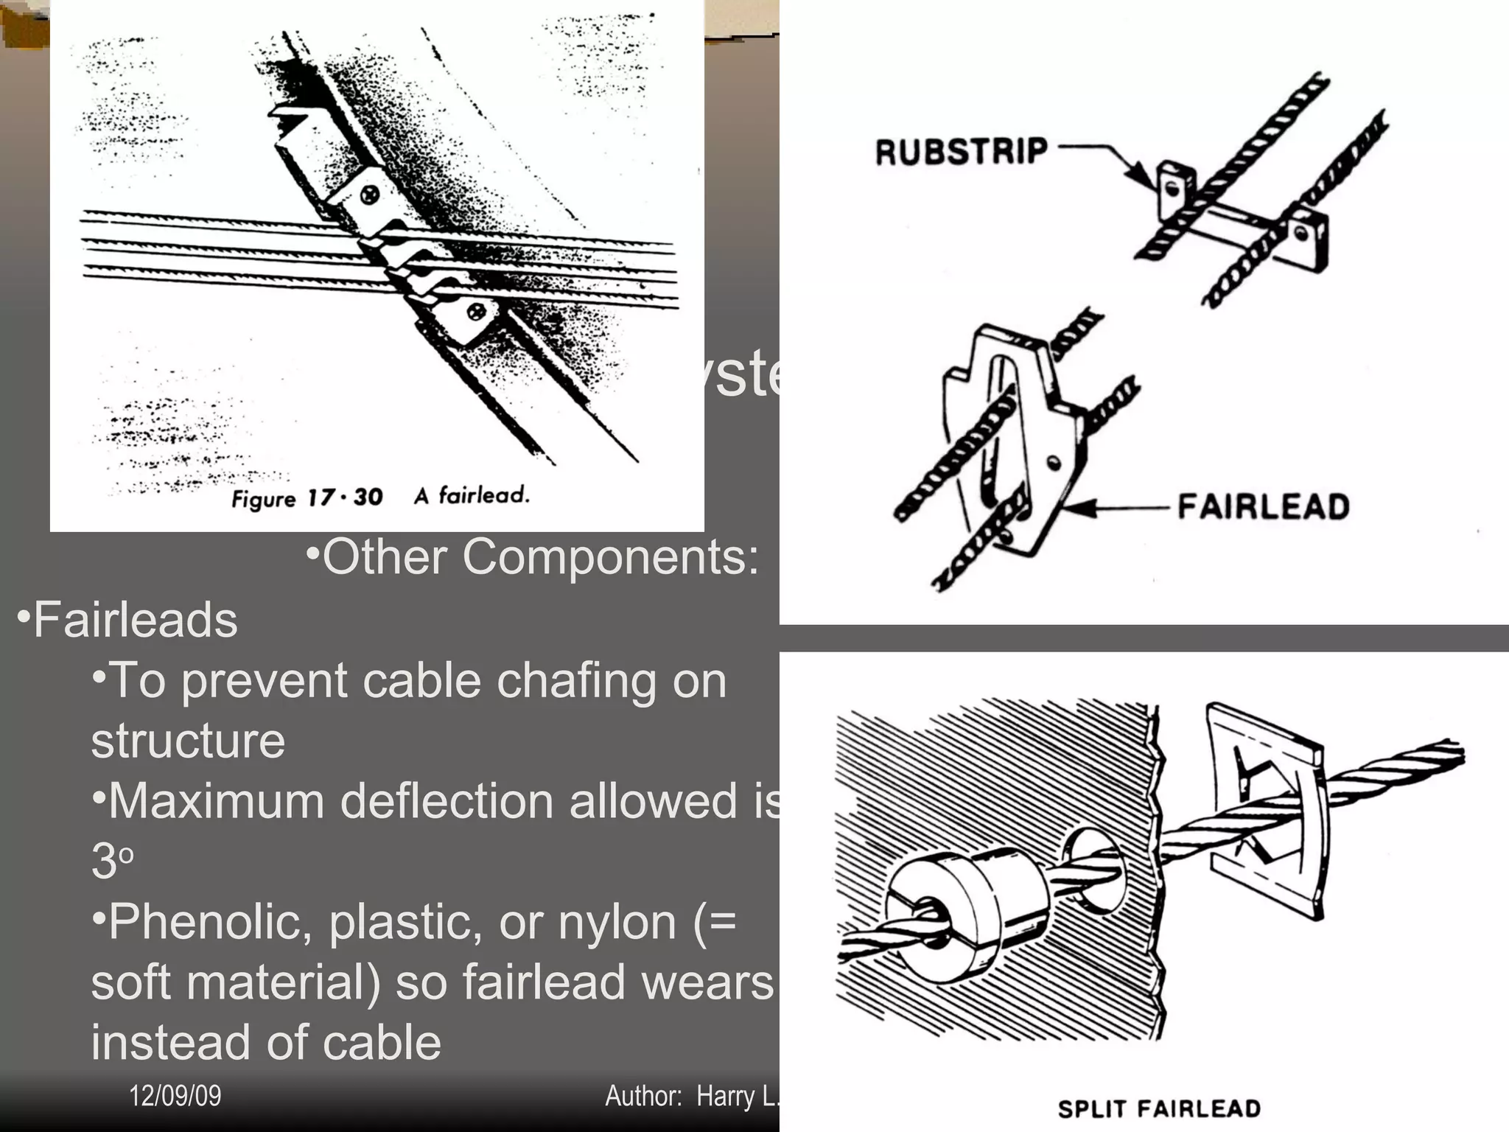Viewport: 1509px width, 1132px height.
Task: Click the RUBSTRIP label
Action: tap(961, 152)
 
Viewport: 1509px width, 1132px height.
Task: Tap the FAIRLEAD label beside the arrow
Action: tap(1263, 507)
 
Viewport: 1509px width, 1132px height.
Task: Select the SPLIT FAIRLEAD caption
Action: tap(1158, 1108)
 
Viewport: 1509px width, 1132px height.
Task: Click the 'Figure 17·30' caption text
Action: tap(307, 498)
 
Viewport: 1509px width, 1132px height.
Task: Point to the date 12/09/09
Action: tap(175, 1096)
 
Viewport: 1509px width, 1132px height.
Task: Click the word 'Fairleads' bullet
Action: tap(135, 619)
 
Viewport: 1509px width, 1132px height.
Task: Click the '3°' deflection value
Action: tap(111, 861)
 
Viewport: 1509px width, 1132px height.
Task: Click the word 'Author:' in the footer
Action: tap(643, 1097)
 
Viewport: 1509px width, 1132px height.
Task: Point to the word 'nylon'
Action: tap(617, 922)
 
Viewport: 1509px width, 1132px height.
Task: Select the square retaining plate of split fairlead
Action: tap(1264, 811)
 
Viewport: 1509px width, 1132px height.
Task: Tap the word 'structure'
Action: tap(188, 741)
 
